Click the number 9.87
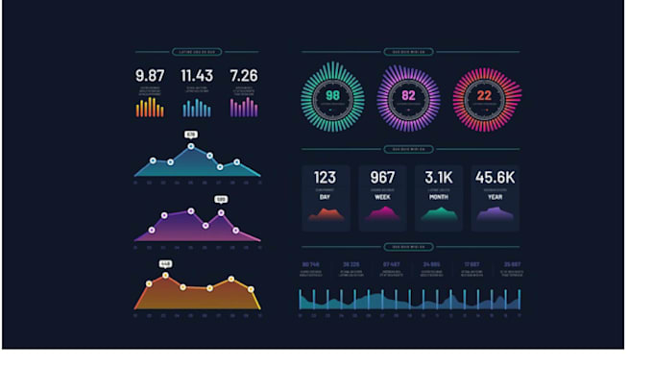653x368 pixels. pyautogui.click(x=150, y=76)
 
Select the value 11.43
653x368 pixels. pyautogui.click(x=197, y=76)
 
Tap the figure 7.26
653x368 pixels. pyautogui.click(x=244, y=76)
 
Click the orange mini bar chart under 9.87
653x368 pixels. pyautogui.click(x=150, y=108)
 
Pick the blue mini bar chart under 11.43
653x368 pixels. pyautogui.click(x=197, y=108)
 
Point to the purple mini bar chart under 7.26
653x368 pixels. pyautogui.click(x=244, y=108)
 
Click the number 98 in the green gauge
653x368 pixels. pyautogui.click(x=332, y=97)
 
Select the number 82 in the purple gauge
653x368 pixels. pyautogui.click(x=408, y=97)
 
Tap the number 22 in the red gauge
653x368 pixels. pyautogui.click(x=485, y=97)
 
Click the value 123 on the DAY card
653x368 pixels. pyautogui.click(x=326, y=178)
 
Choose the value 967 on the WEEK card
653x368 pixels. pyautogui.click(x=382, y=178)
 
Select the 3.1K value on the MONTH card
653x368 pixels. pyautogui.click(x=439, y=178)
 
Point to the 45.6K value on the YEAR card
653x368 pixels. pyautogui.click(x=495, y=178)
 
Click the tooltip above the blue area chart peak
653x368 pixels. pyautogui.click(x=190, y=135)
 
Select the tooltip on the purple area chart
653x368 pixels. pyautogui.click(x=221, y=199)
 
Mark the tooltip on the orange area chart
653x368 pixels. pyautogui.click(x=165, y=263)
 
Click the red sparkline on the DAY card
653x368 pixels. pyautogui.click(x=326, y=215)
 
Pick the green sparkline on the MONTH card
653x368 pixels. pyautogui.click(x=439, y=215)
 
